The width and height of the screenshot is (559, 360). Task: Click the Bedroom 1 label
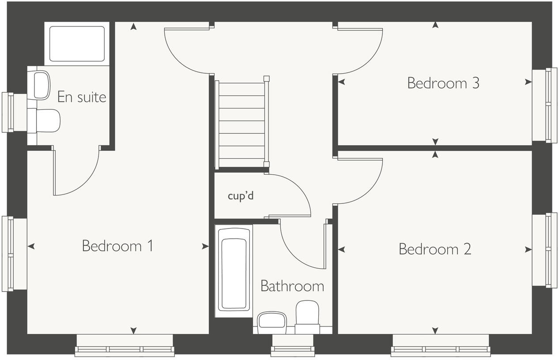117,246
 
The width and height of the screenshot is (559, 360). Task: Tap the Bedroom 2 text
434,249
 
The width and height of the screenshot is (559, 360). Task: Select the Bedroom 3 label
443,83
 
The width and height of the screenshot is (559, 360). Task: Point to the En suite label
82,97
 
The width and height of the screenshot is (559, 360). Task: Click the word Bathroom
292,286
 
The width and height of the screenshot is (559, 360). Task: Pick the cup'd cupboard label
241,196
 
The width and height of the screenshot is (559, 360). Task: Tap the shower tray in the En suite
77,44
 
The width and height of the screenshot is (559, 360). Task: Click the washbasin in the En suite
41,85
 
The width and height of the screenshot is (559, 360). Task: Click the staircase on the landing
242,124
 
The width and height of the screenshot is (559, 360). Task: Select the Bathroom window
292,346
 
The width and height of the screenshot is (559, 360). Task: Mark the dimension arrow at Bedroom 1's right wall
205,246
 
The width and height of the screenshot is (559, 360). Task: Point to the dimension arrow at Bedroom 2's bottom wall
435,330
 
